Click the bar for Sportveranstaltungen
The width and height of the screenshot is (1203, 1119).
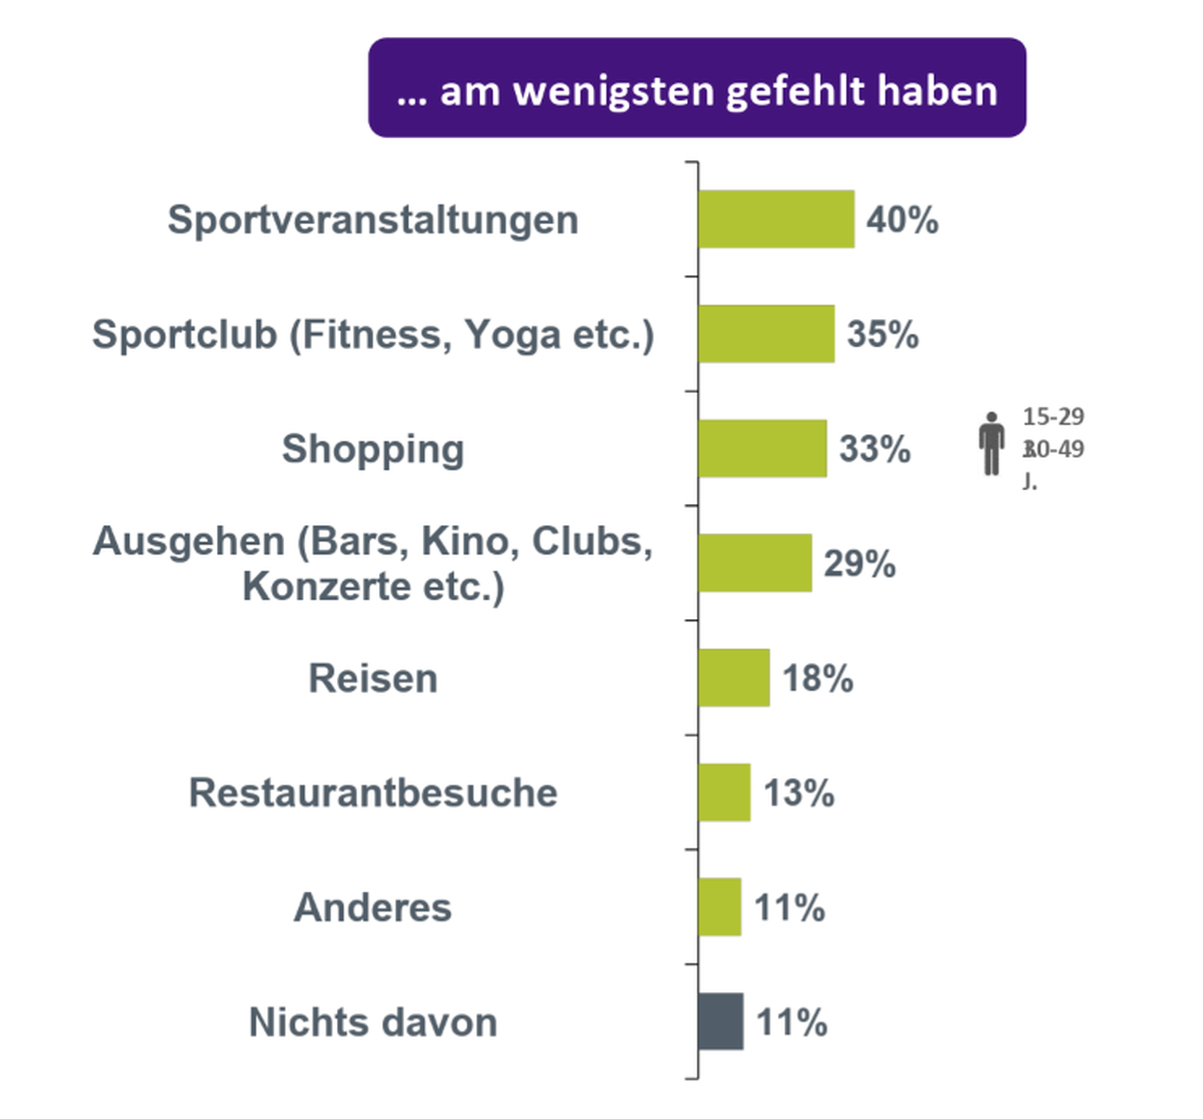tap(776, 219)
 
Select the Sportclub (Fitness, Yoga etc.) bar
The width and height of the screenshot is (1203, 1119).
tap(766, 334)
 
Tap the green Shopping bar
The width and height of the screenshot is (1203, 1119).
tap(762, 448)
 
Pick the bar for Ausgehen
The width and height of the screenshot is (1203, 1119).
tap(755, 563)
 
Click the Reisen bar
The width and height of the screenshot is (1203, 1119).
tap(734, 678)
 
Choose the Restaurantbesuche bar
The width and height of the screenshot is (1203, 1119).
tap(724, 792)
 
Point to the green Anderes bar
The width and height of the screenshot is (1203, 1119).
tap(720, 907)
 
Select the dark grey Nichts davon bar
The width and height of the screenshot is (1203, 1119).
tap(721, 1021)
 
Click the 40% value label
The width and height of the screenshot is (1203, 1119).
tap(902, 219)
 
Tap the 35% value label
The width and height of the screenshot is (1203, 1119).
tap(883, 334)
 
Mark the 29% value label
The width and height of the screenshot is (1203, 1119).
tap(859, 563)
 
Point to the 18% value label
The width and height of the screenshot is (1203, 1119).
tap(818, 678)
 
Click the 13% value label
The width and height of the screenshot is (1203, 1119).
tap(799, 792)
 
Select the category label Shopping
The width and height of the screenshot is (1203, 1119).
tap(373, 449)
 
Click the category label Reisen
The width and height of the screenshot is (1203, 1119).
tap(373, 678)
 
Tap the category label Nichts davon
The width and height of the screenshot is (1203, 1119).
tap(373, 1022)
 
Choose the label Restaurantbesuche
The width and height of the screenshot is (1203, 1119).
tap(373, 792)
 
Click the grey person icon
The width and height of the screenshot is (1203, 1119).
tap(992, 444)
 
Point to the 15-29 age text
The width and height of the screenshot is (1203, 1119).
tap(1053, 416)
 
